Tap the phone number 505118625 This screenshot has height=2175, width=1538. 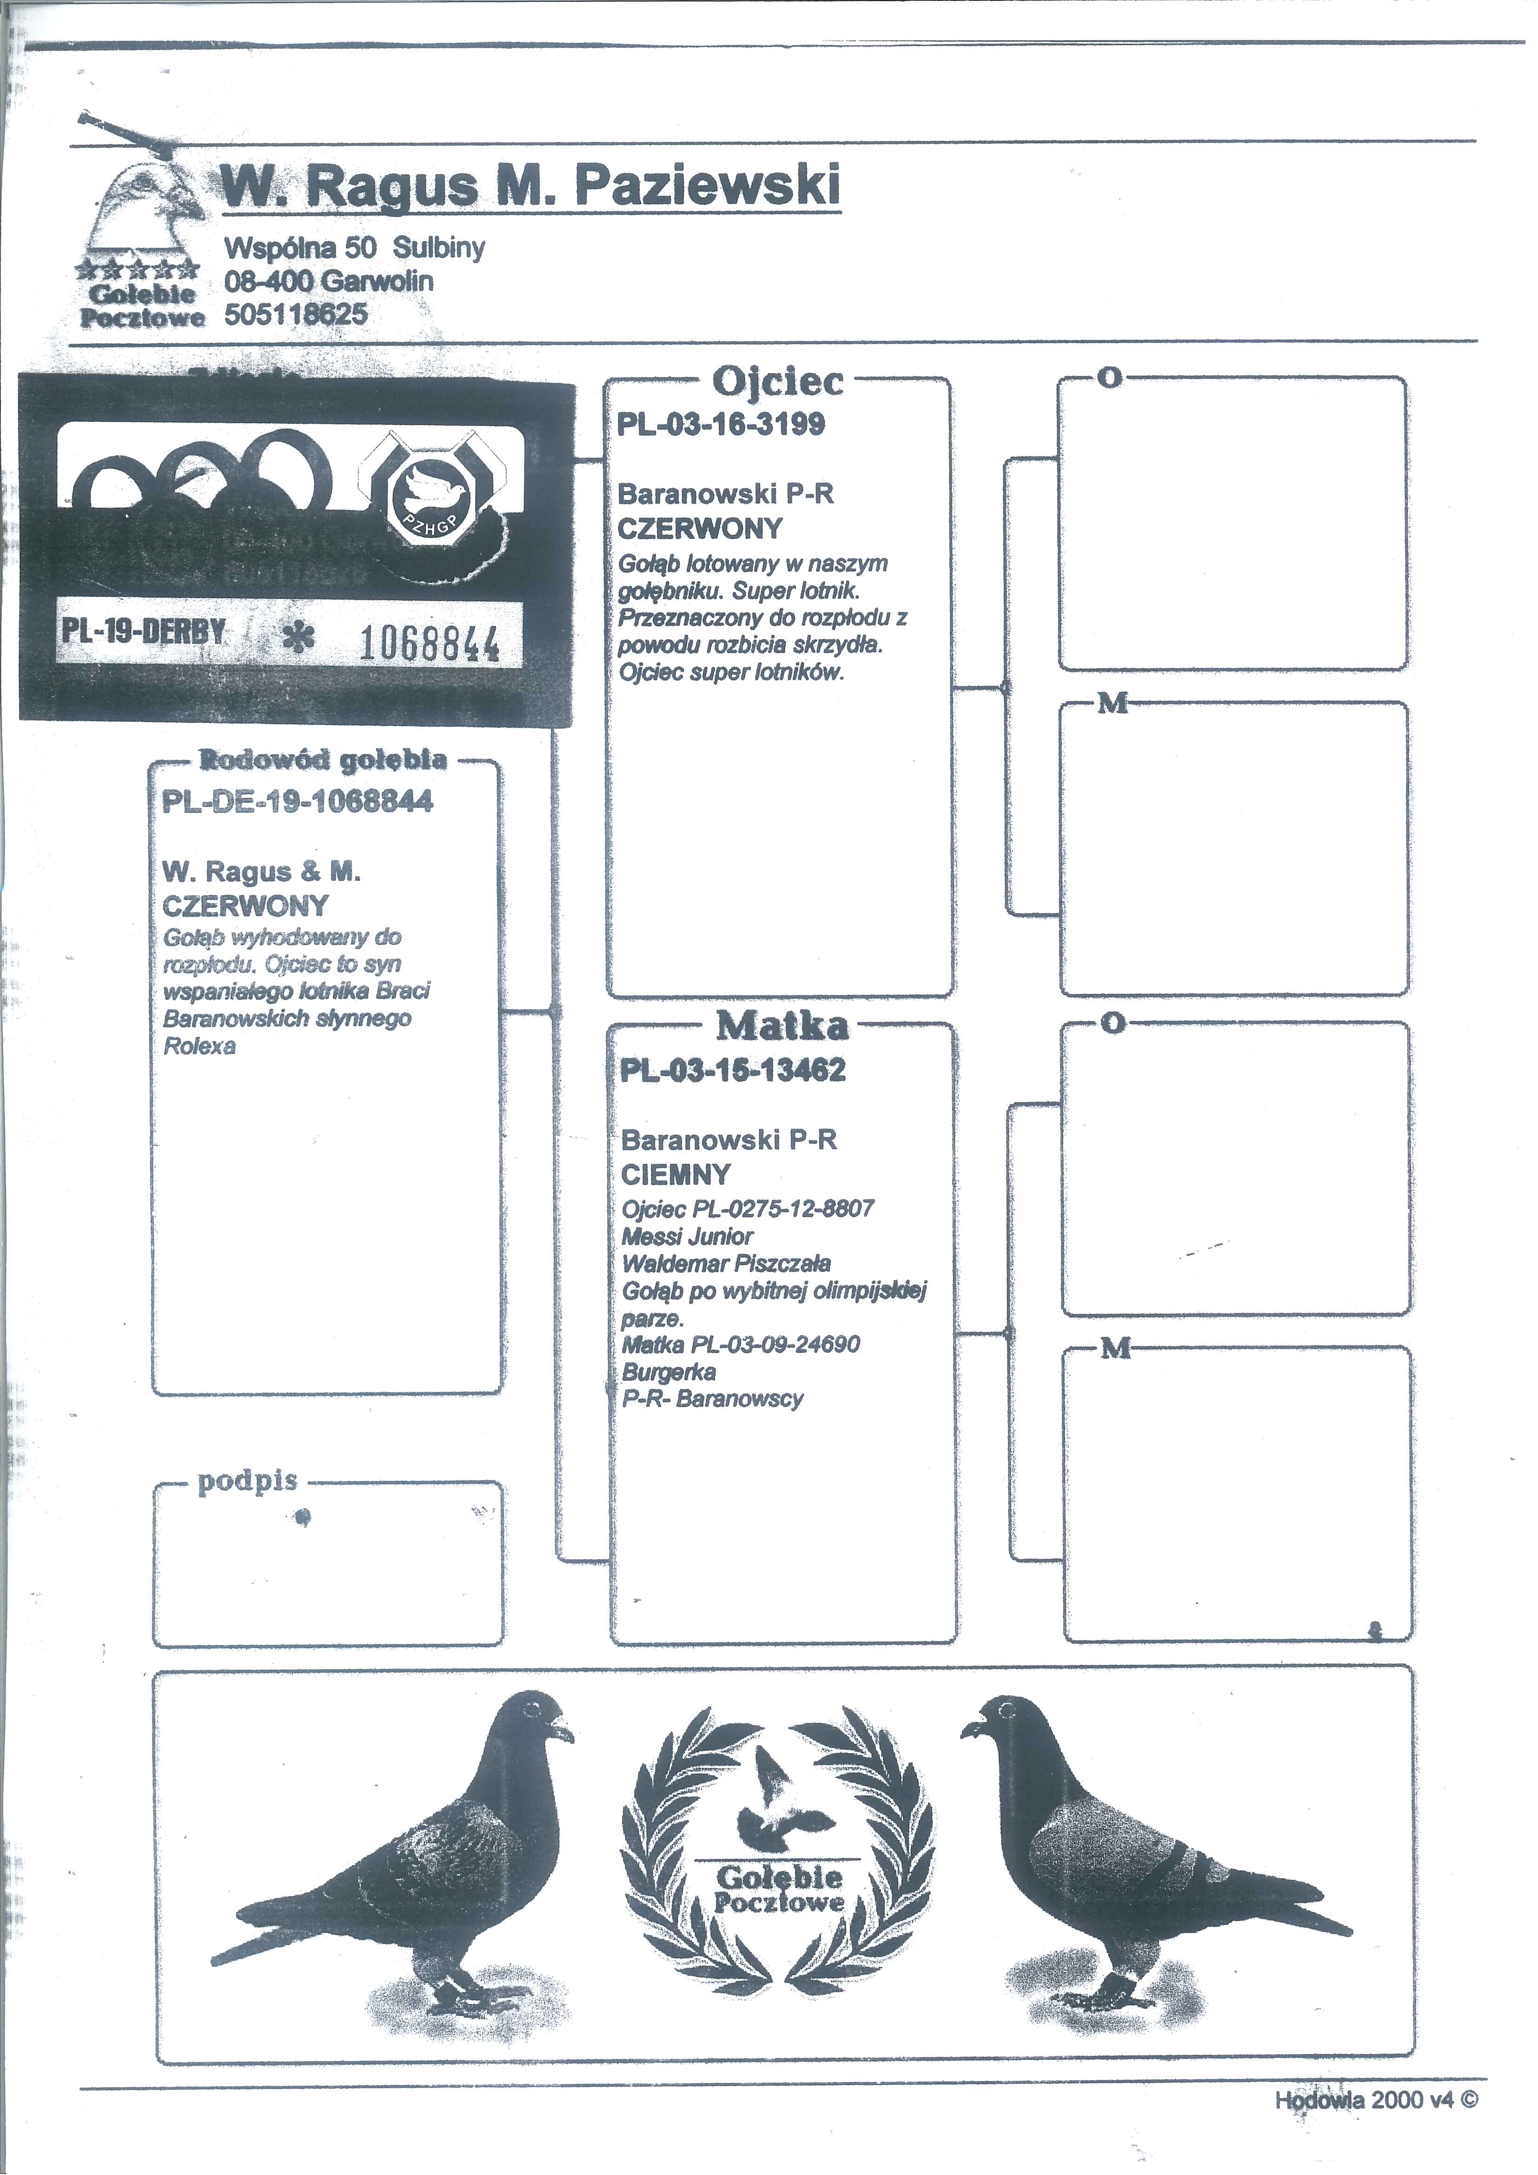coord(296,314)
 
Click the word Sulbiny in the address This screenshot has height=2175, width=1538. coord(438,248)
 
